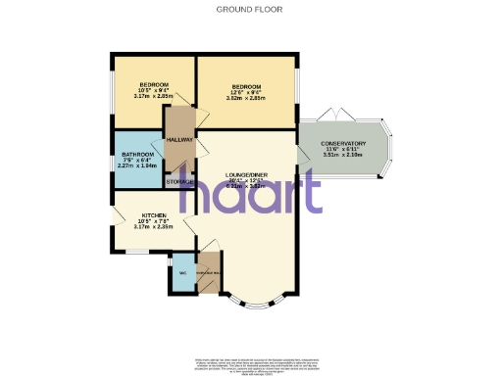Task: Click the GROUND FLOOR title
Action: tap(250, 9)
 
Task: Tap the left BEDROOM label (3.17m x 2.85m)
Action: tap(154, 85)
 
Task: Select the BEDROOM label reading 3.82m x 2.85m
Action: tap(246, 85)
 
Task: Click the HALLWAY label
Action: tap(179, 140)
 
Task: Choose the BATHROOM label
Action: tap(137, 155)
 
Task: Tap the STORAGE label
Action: tap(179, 182)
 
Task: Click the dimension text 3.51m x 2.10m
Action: tap(342, 155)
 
